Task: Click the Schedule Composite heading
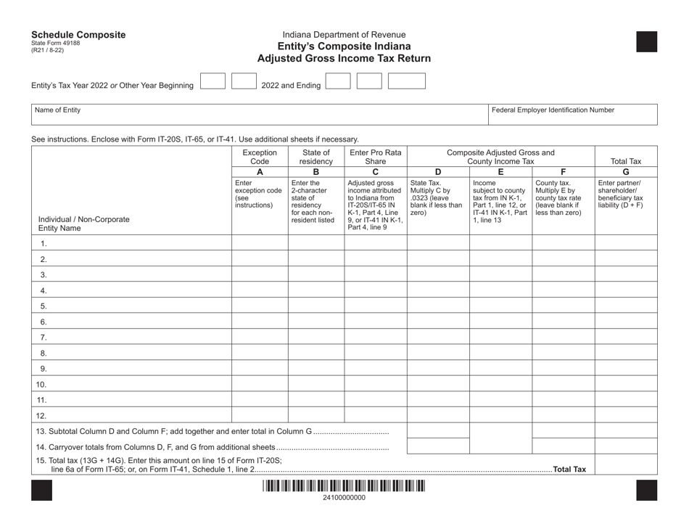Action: [78, 35]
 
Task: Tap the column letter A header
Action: [260, 173]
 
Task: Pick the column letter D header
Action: [437, 173]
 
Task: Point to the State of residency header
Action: [315, 157]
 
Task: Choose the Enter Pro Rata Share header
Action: [375, 157]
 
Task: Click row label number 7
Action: [44, 337]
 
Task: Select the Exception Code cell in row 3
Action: [260, 274]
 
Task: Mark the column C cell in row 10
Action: [375, 384]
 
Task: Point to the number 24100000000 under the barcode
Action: [344, 499]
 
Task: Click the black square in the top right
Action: [646, 41]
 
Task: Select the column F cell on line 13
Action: [563, 431]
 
